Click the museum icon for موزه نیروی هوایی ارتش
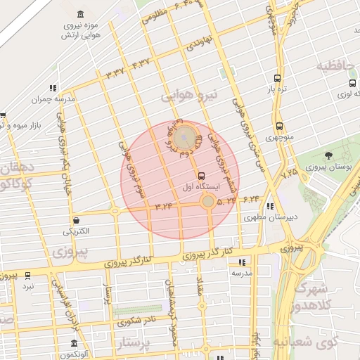click(79, 15)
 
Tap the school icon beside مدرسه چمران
click(53, 89)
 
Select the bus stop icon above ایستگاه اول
click(202, 176)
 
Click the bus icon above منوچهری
click(279, 126)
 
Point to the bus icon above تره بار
click(278, 79)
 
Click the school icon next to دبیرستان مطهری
click(271, 206)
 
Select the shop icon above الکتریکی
click(75, 220)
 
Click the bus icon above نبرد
click(27, 275)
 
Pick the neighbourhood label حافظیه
click(333, 67)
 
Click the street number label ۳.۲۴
click(162, 207)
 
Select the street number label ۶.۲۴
click(251, 200)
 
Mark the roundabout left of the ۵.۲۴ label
click(207, 202)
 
